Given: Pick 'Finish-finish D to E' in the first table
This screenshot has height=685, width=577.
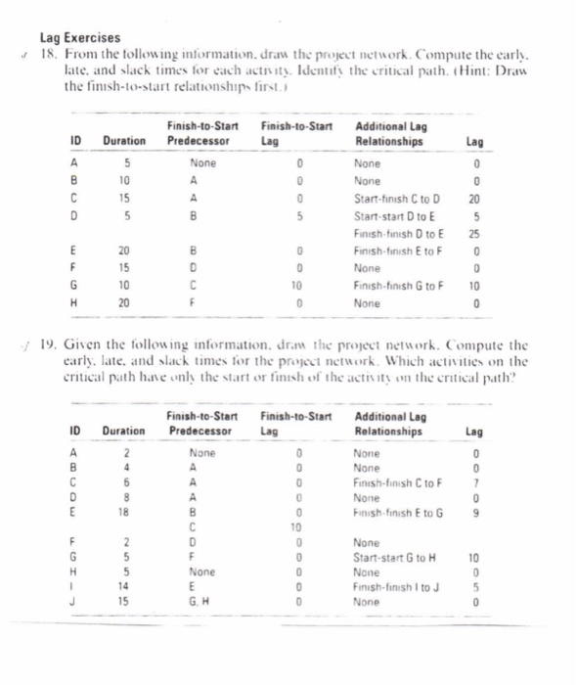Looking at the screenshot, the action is [x=400, y=234].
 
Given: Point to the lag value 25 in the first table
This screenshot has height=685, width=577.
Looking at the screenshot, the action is [x=473, y=234].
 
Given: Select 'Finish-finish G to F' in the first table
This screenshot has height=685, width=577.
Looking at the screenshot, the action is [x=399, y=285].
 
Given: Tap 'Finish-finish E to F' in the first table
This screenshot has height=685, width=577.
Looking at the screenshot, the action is [x=398, y=251].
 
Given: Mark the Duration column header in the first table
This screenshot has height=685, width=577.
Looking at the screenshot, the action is [x=125, y=141].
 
